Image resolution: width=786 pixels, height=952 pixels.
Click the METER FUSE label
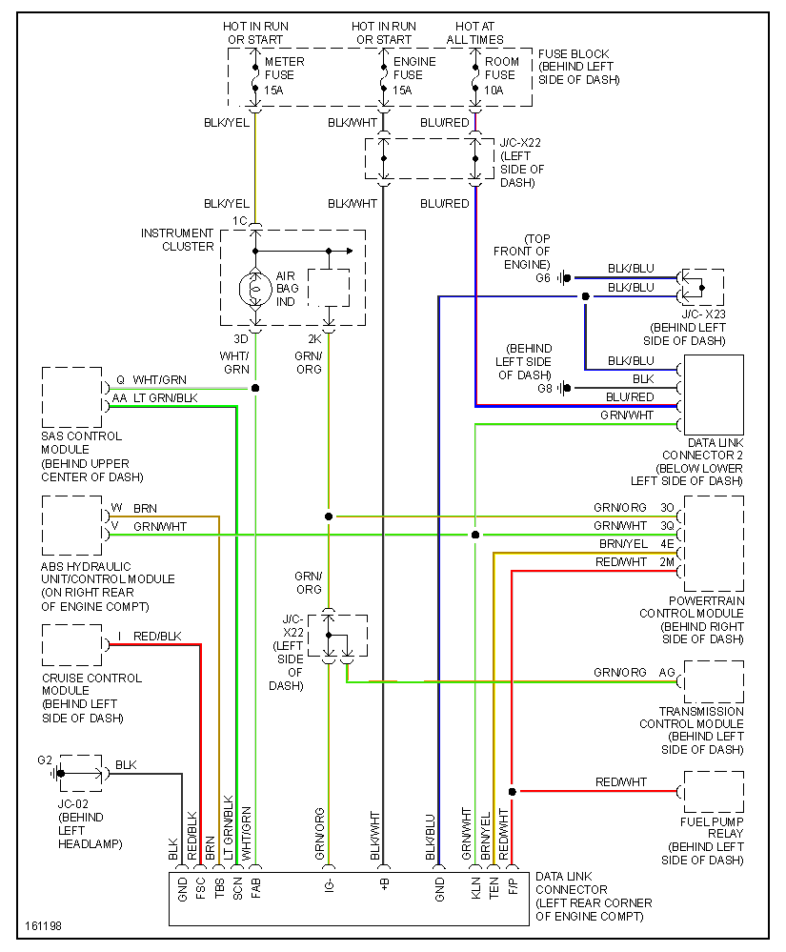pos(283,75)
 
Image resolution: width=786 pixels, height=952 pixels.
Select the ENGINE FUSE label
pos(414,75)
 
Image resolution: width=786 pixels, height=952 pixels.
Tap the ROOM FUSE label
pos(502,75)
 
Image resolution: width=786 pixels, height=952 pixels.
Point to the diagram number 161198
pos(42,926)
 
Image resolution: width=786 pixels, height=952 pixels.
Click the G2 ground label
pos(45,760)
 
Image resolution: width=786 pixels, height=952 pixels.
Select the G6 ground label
pos(542,278)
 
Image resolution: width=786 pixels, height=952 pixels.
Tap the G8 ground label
pos(544,388)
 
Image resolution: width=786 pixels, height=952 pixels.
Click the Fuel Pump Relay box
pos(713,792)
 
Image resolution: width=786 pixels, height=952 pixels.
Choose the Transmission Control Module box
pos(713,681)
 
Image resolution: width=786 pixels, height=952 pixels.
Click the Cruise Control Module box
pos(72,646)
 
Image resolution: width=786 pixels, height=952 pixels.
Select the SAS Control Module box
pos(72,397)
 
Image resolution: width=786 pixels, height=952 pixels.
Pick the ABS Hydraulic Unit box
pos(72,527)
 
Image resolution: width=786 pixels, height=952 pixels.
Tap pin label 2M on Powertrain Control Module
pos(667,563)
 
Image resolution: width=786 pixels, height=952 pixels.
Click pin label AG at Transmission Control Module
pos(667,673)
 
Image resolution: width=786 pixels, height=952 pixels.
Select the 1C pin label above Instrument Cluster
pos(239,221)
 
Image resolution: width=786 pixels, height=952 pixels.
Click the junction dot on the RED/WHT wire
pos(512,792)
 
